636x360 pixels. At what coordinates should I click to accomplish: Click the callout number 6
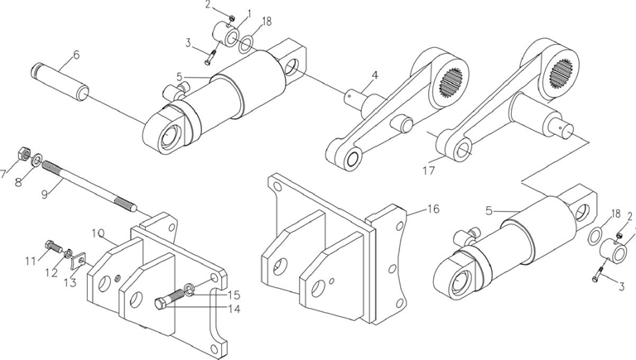point(76,55)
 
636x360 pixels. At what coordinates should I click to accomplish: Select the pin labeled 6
point(60,82)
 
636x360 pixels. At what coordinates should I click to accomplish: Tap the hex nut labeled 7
point(23,153)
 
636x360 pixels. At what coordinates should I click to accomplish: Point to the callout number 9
point(45,194)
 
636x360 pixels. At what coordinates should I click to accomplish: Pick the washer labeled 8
point(36,160)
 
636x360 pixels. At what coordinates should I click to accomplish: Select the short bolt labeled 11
point(52,245)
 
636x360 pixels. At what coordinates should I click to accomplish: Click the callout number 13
point(70,282)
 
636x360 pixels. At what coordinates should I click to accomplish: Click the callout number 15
point(234,295)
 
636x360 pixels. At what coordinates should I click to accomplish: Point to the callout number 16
point(433,209)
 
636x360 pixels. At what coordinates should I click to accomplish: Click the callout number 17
point(429,170)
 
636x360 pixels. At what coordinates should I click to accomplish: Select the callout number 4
point(375,75)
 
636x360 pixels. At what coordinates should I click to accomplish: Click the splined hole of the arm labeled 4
point(451,84)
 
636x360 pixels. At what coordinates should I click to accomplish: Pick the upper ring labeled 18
point(246,44)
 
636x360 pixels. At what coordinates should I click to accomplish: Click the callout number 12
point(51,273)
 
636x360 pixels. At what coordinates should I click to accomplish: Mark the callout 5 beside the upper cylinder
point(179,76)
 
